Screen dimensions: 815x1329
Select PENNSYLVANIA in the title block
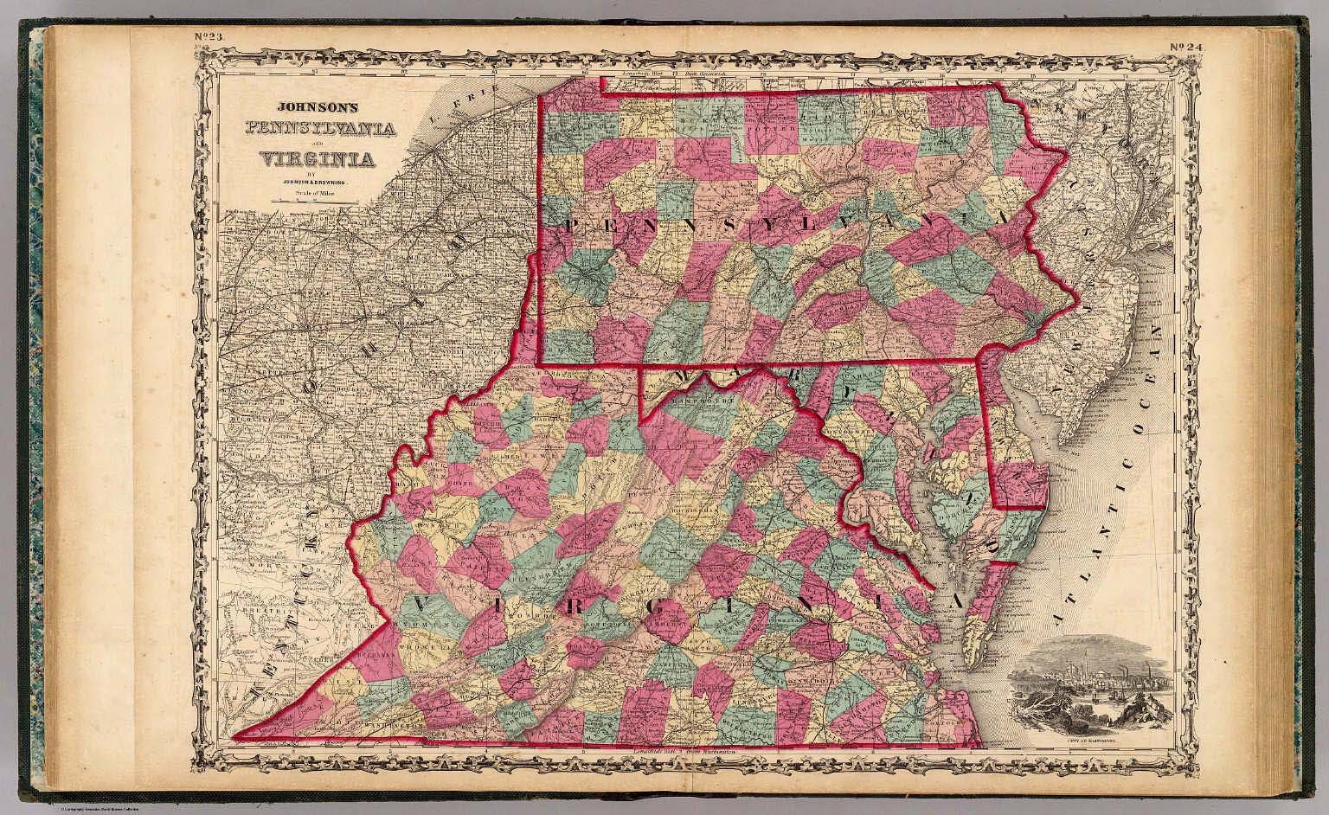click(322, 130)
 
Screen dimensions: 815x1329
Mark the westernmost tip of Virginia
click(234, 738)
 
